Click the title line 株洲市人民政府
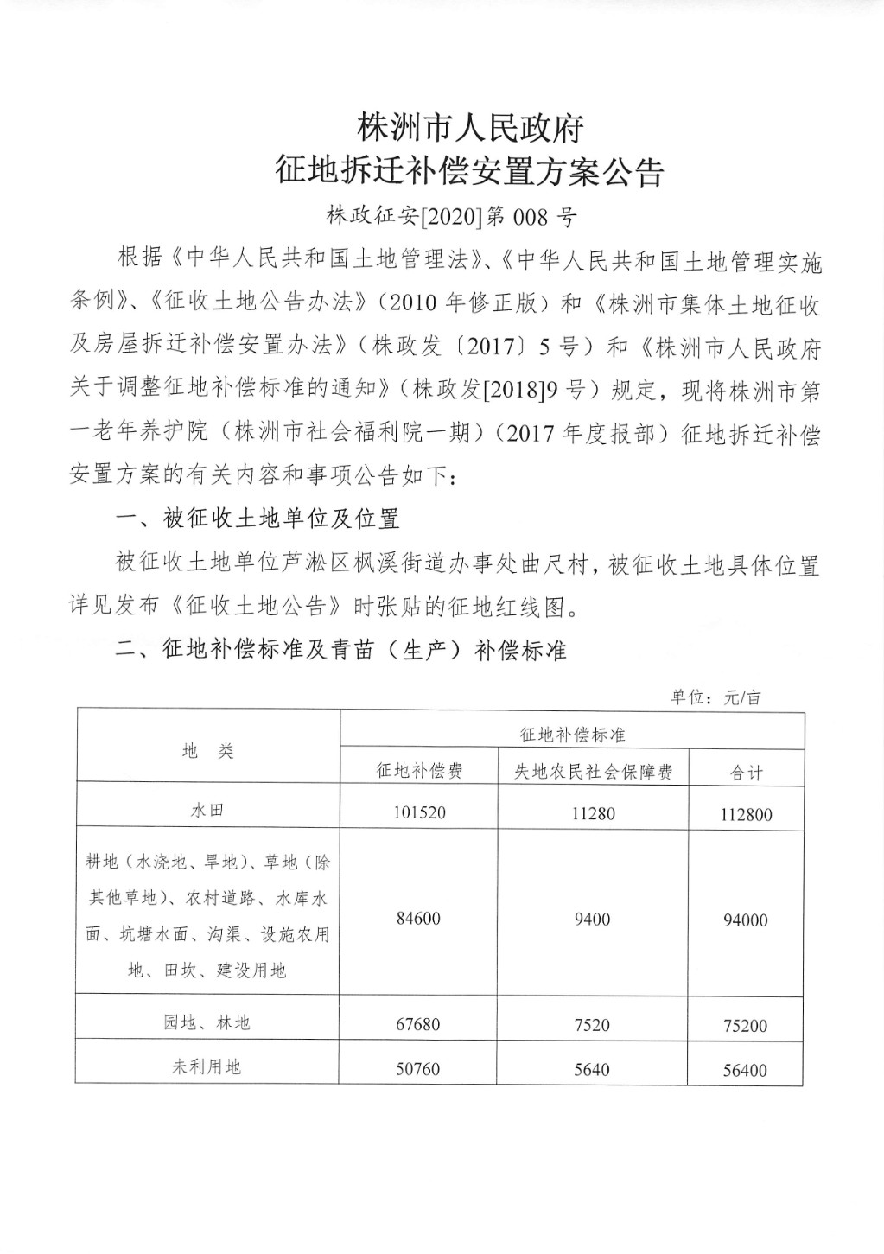(x=470, y=129)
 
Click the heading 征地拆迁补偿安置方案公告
(x=469, y=171)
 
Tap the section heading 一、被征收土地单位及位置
(x=258, y=519)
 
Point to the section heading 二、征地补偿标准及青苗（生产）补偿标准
(x=341, y=650)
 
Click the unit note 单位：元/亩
(x=715, y=697)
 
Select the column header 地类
(x=208, y=751)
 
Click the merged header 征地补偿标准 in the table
(x=572, y=735)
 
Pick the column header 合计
(x=747, y=773)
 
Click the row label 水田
(x=208, y=811)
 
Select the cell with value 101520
(x=418, y=812)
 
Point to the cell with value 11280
(x=593, y=812)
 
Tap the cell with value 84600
(x=418, y=919)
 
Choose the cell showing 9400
(x=593, y=919)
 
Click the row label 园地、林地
(x=208, y=1022)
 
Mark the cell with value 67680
(x=418, y=1025)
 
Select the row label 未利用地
(x=208, y=1067)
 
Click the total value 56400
(x=745, y=1070)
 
